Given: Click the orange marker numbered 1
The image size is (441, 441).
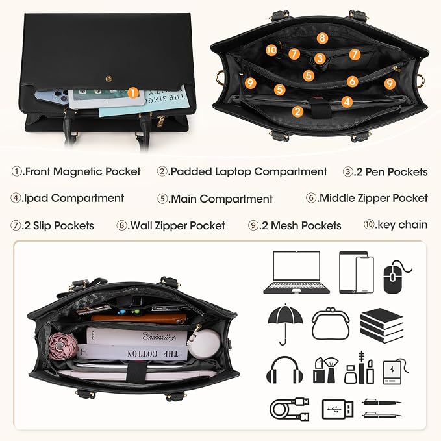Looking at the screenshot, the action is click(133, 93).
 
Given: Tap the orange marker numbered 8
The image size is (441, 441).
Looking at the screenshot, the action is click(322, 38).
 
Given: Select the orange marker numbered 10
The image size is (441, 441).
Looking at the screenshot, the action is click(271, 50).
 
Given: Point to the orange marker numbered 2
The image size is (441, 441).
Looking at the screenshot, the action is click(297, 112).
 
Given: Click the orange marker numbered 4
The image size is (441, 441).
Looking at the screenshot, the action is click(347, 102).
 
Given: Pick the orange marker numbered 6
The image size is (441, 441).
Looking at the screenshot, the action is click(352, 82).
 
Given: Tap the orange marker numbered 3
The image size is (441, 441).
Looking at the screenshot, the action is click(320, 58).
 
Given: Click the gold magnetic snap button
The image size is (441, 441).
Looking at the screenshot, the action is click(109, 79).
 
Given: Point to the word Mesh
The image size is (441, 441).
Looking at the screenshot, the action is click(283, 225).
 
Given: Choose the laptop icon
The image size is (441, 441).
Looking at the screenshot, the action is click(296, 272).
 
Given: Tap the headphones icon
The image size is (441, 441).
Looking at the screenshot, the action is click(284, 369).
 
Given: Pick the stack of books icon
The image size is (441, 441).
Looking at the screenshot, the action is click(382, 325).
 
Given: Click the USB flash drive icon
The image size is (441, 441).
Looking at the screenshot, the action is click(338, 409).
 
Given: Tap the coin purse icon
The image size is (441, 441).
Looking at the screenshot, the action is click(331, 323).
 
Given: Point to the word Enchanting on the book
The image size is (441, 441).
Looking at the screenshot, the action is click(159, 336).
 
